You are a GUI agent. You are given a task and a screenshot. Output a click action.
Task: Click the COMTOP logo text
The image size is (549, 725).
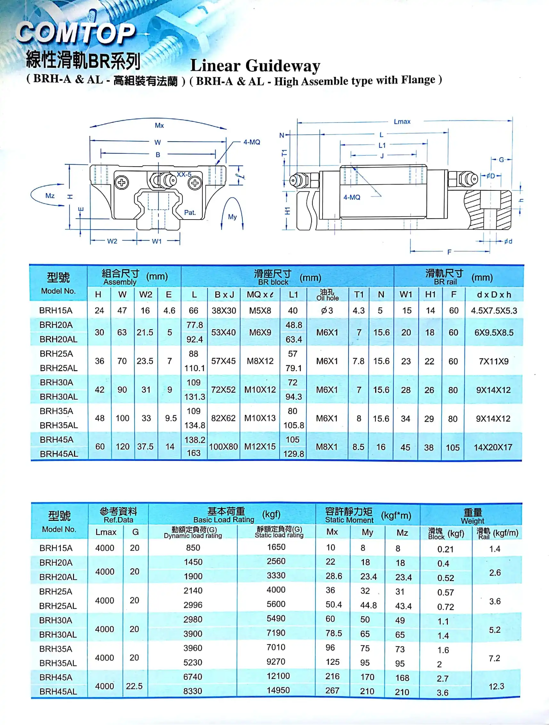pos(75,33)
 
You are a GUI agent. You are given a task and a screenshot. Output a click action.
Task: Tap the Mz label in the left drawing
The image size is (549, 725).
pos(50,196)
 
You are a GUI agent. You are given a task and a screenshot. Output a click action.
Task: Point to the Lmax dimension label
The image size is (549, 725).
pos(402,121)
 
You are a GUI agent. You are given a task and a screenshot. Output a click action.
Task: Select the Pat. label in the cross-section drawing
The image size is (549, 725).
pos(190,213)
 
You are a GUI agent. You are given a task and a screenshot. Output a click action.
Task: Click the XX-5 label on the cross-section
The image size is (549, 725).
pos(184,174)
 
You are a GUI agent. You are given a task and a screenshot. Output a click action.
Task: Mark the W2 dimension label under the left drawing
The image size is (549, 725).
pos(112,241)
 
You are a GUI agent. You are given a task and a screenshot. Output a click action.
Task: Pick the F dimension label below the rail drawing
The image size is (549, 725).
pos(449,252)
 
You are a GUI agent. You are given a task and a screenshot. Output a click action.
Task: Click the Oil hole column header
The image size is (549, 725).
pos(327,295)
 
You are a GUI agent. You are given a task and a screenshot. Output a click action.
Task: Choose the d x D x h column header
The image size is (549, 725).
pos(494,295)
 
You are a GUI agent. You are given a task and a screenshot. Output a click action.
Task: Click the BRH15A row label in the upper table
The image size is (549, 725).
pos(56,310)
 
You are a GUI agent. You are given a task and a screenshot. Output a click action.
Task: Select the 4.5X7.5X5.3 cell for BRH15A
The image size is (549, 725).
pos(494,310)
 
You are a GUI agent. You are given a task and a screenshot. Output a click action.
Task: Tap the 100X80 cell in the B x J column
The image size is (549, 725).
pos(223,446)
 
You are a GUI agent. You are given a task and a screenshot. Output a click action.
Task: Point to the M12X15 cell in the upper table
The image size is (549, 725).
pos(260,446)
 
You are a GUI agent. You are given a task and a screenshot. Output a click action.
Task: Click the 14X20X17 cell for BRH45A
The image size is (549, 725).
pos(493,447)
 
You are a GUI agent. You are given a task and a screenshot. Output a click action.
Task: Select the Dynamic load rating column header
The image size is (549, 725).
pos(193,533)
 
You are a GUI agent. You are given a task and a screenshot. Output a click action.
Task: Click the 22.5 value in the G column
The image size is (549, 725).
pos(134,686)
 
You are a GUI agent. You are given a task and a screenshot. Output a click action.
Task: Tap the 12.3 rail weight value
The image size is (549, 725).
pos(496,686)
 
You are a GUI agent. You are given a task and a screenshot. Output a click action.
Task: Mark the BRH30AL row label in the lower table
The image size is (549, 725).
pos(58,635)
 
